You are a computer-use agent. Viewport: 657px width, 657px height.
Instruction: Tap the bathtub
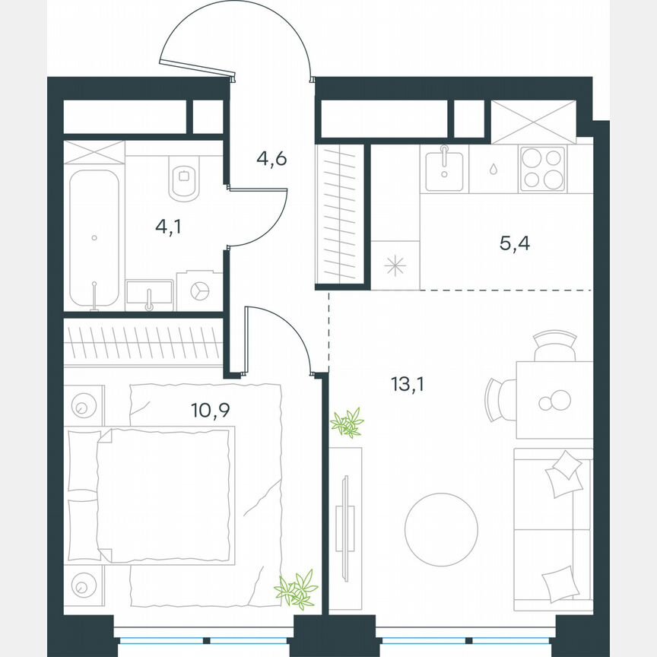pyautogui.click(x=94, y=237)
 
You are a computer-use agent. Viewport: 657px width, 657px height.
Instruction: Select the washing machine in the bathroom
pyautogui.click(x=199, y=291)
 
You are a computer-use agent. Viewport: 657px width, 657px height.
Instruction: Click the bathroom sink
pyautogui.click(x=149, y=294)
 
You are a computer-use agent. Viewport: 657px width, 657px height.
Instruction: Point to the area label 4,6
pyautogui.click(x=271, y=160)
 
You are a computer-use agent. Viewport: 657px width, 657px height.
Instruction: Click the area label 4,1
pyautogui.click(x=169, y=225)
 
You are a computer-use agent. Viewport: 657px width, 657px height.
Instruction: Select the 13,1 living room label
pyautogui.click(x=407, y=384)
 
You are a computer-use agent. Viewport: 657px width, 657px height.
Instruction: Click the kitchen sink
pyautogui.click(x=444, y=169)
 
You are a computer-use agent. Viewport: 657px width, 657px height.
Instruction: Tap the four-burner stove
pyautogui.click(x=542, y=168)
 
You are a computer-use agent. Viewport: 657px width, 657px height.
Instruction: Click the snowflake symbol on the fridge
pyautogui.click(x=395, y=265)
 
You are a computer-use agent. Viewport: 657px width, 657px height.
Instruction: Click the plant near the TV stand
pyautogui.click(x=348, y=423)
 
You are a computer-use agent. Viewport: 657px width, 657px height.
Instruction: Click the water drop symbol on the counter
pyautogui.click(x=494, y=168)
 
